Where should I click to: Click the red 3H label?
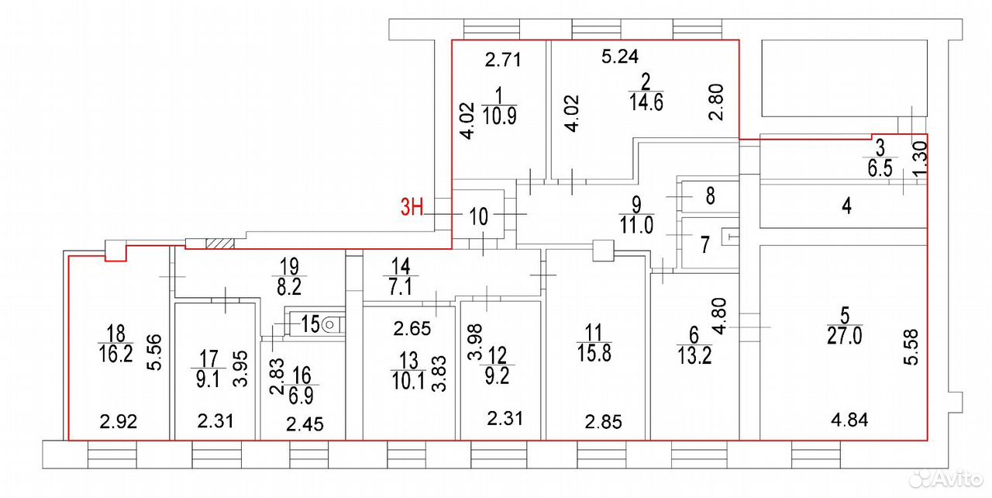412,207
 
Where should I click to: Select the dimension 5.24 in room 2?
620,57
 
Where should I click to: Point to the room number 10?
478,216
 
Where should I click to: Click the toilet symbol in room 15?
329,325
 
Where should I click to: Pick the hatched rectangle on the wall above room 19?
220,244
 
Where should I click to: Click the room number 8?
711,195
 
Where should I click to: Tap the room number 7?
705,244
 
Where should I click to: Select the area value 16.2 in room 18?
115,354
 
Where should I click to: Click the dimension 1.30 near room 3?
920,158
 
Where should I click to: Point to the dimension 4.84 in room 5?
849,420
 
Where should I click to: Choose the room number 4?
846,206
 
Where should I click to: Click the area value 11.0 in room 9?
636,225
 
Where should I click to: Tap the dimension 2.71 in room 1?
503,60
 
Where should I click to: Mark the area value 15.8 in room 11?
594,353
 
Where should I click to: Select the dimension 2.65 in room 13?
412,329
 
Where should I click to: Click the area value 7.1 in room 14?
401,287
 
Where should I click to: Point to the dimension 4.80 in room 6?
718,316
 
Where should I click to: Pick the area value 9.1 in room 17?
208,379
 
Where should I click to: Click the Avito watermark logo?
945,479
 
